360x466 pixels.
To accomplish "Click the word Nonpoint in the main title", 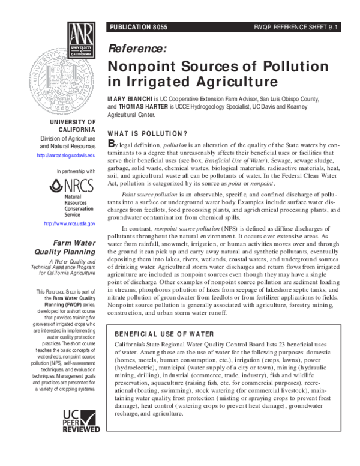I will click(x=146, y=67).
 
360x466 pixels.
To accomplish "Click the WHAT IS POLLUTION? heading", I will click(x=147, y=133).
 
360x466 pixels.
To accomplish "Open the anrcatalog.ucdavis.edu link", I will click(x=66, y=156).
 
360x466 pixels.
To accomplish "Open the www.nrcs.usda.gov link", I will click(x=70, y=224).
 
